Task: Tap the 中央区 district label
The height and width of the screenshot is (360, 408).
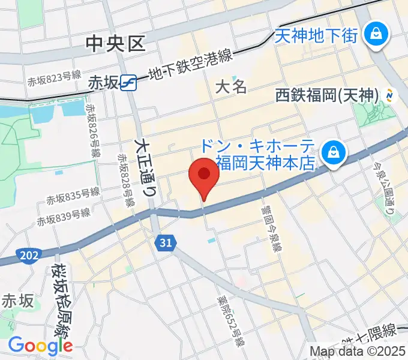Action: tap(116, 43)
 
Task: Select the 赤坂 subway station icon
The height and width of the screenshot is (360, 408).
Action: tap(127, 82)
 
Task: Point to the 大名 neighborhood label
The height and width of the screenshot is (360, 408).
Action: tap(231, 86)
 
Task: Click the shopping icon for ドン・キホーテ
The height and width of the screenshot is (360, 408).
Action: tap(331, 154)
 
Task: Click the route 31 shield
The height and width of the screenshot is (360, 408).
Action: tap(166, 242)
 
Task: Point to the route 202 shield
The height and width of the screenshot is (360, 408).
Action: tap(29, 256)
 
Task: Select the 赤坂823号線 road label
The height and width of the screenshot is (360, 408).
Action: tap(53, 78)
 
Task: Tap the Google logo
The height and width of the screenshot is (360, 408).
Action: tap(40, 346)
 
